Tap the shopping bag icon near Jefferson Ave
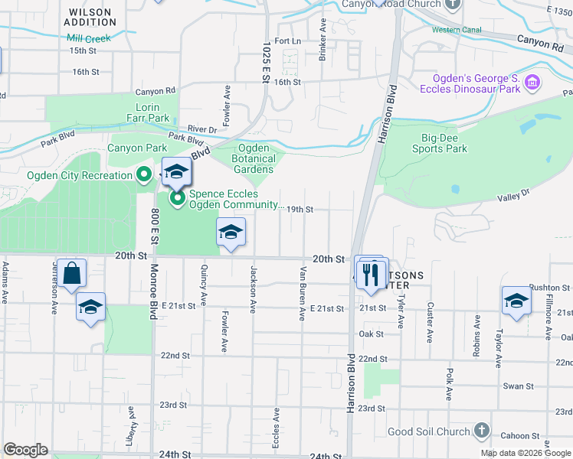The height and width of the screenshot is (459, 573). (x=71, y=274)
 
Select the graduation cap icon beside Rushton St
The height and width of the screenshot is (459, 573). (x=516, y=301)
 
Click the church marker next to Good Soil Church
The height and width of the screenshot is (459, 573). (x=481, y=431)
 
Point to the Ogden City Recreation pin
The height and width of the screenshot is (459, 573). (x=143, y=175)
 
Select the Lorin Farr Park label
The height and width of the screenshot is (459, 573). (x=152, y=112)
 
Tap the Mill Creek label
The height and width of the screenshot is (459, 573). (x=89, y=37)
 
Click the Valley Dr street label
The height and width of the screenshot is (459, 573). (x=514, y=196)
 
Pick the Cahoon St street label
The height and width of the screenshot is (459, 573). (x=521, y=436)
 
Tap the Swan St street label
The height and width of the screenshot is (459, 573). (x=517, y=386)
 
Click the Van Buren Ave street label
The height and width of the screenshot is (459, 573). (x=303, y=293)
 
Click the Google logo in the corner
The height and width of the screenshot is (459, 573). (x=25, y=450)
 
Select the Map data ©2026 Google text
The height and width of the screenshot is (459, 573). (x=525, y=453)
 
